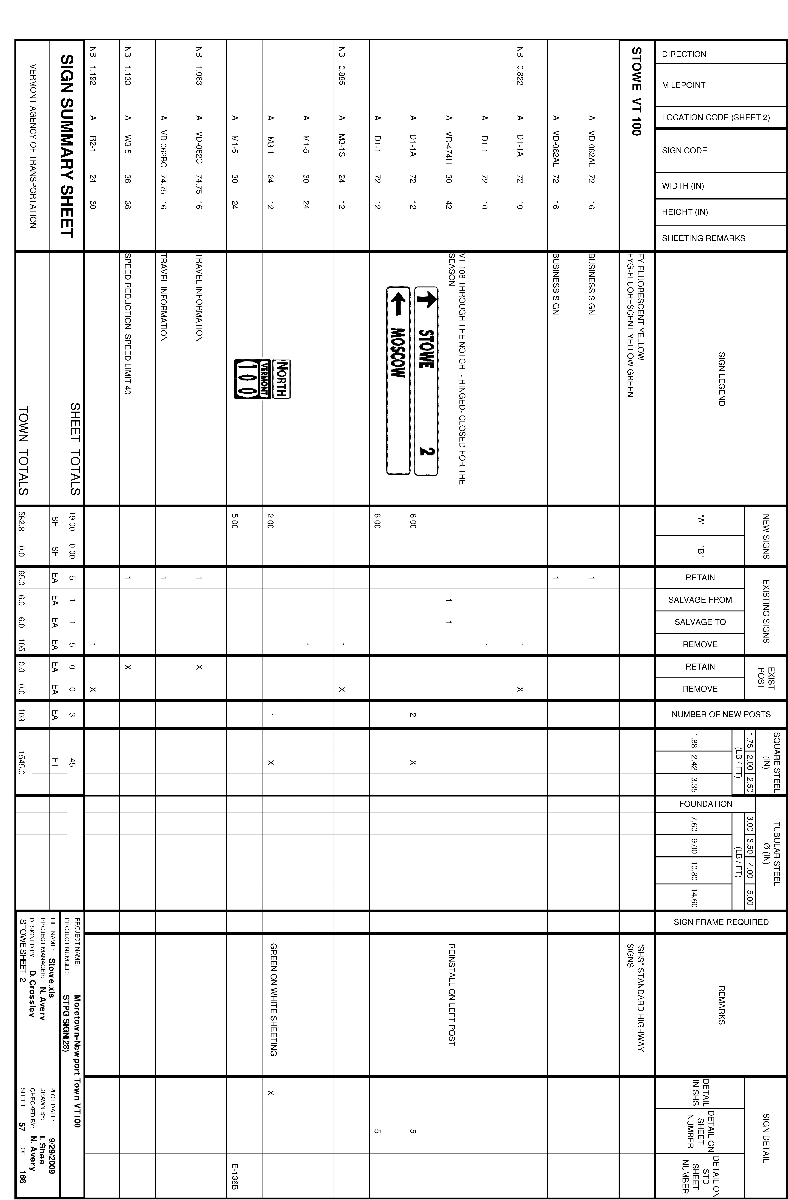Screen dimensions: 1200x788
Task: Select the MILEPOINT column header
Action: (683, 85)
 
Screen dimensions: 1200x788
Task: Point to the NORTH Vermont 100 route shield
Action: (262, 379)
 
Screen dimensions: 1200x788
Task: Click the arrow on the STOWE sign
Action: (426, 301)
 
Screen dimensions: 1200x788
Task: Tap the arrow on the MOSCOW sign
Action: (398, 306)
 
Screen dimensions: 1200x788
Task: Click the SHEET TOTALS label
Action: (75, 449)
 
